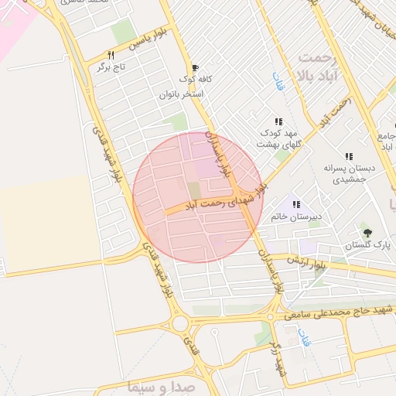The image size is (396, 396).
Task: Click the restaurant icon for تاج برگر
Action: click(x=111, y=56)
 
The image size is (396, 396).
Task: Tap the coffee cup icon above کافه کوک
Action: click(x=195, y=67)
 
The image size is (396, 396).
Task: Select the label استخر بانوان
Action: click(x=181, y=94)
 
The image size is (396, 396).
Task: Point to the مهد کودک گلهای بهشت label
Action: click(x=278, y=138)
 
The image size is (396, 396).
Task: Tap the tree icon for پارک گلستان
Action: click(x=367, y=232)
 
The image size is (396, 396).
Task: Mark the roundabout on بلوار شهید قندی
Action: click(x=181, y=323)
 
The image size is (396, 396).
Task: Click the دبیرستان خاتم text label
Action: click(x=296, y=217)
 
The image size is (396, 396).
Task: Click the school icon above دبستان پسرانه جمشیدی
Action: click(x=350, y=156)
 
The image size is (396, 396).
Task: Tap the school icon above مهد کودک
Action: click(x=278, y=121)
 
